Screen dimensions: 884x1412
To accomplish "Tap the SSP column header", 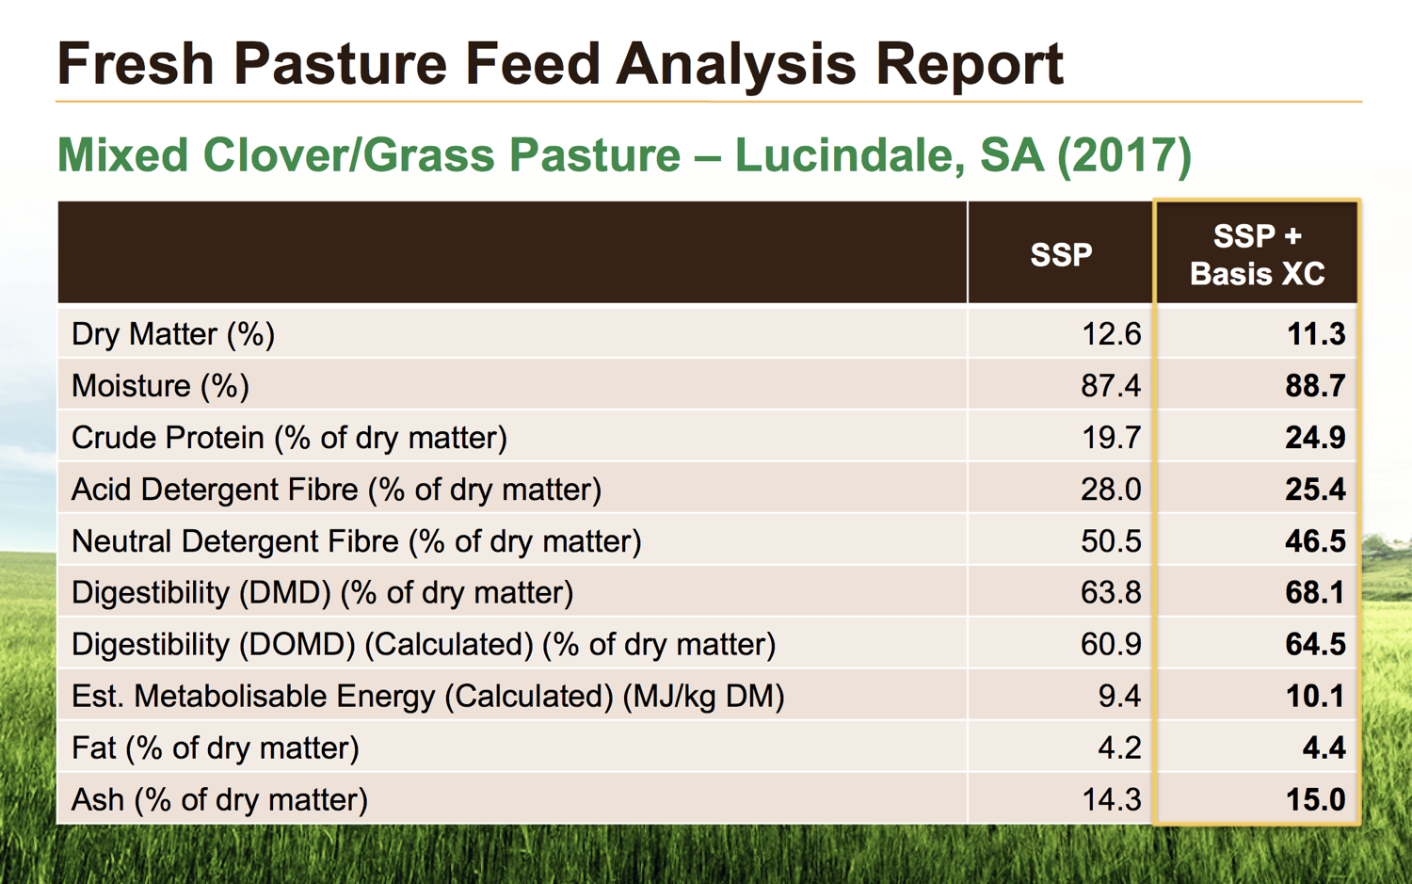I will [1061, 254].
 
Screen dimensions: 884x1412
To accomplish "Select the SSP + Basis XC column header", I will [1257, 254].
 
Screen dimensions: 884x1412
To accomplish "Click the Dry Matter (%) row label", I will [173, 334].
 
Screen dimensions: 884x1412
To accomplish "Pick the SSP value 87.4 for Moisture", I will [1111, 386].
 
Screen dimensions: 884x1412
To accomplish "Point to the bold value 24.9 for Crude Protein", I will [1315, 438].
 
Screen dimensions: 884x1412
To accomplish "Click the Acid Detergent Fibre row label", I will [336, 490].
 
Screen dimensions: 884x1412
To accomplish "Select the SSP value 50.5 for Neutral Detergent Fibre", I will [1111, 541].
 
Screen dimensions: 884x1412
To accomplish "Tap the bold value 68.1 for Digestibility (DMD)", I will [1315, 593].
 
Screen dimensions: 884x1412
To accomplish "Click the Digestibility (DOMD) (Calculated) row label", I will [424, 645].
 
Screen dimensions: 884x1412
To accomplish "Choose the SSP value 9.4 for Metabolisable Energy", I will [1119, 697].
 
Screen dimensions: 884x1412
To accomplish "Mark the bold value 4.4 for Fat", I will [1324, 748].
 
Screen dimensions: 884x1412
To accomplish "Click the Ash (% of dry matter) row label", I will [219, 800].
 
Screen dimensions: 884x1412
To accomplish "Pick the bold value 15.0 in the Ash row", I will [1315, 800].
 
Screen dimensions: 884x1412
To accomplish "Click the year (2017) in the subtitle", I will [1124, 155].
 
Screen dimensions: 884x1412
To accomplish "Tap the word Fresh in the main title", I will [136, 66].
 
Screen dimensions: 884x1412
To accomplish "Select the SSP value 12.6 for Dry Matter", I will [1111, 334].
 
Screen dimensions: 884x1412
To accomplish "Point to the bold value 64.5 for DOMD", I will [1315, 645].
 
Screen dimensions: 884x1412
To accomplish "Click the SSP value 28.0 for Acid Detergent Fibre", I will [1111, 490].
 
